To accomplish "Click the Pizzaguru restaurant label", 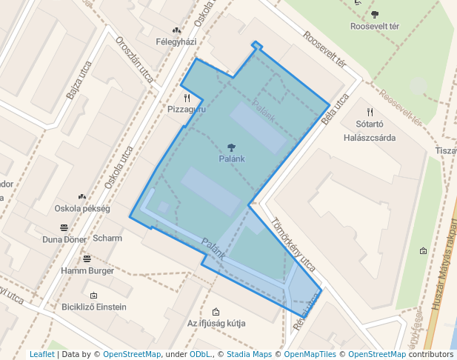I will tap(187, 109).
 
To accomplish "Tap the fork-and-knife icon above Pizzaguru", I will tap(187, 97).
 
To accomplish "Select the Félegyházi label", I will tap(176, 43).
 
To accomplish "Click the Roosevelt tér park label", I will tap(374, 26).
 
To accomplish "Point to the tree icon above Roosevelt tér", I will tap(375, 14).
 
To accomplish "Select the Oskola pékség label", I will tap(81, 208).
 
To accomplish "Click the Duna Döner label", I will tap(64, 239).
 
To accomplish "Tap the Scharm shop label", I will tap(107, 239).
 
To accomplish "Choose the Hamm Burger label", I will tap(87, 271).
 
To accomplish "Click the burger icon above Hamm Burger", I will tap(87, 259).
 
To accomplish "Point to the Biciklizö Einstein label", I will tap(94, 307).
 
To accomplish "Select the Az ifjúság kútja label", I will tap(216, 324).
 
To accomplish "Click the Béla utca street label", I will tap(336, 110).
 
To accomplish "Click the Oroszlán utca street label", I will tap(134, 59).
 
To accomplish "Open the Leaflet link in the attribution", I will tap(42, 354).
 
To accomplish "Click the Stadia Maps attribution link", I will tap(249, 354).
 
